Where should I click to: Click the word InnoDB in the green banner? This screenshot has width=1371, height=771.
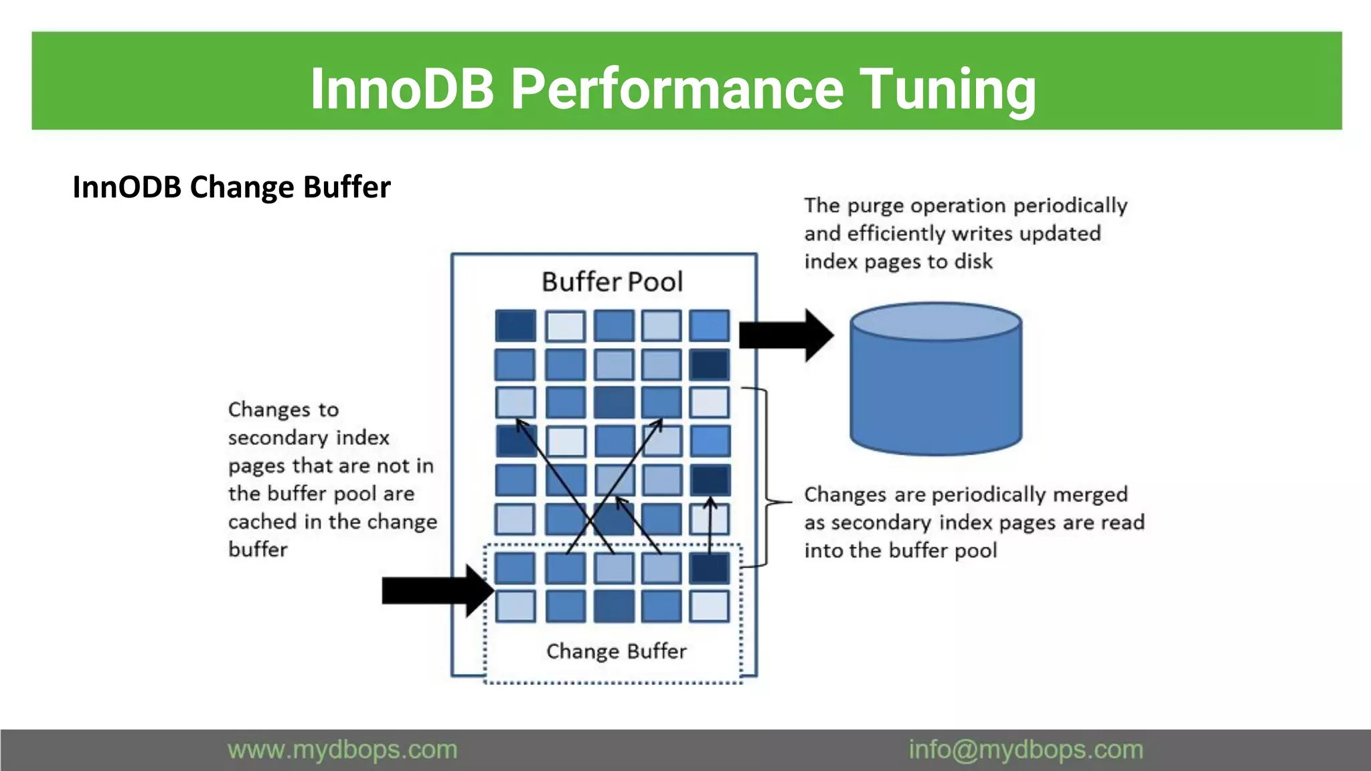coord(402,88)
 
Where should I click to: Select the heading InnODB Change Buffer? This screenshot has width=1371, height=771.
coord(232,187)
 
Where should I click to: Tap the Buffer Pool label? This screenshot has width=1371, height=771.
coord(612,282)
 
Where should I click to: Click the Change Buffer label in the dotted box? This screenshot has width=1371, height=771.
coord(616,651)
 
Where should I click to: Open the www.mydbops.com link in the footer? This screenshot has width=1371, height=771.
coord(342,750)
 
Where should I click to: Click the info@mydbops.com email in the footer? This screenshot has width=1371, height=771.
coord(1026,750)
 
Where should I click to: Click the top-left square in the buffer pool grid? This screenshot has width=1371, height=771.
coord(515,325)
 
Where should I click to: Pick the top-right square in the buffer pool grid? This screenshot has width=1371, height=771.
coord(709,325)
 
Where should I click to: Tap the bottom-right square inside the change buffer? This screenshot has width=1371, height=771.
coord(709,606)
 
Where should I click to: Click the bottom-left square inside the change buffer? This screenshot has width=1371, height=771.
coord(515,606)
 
